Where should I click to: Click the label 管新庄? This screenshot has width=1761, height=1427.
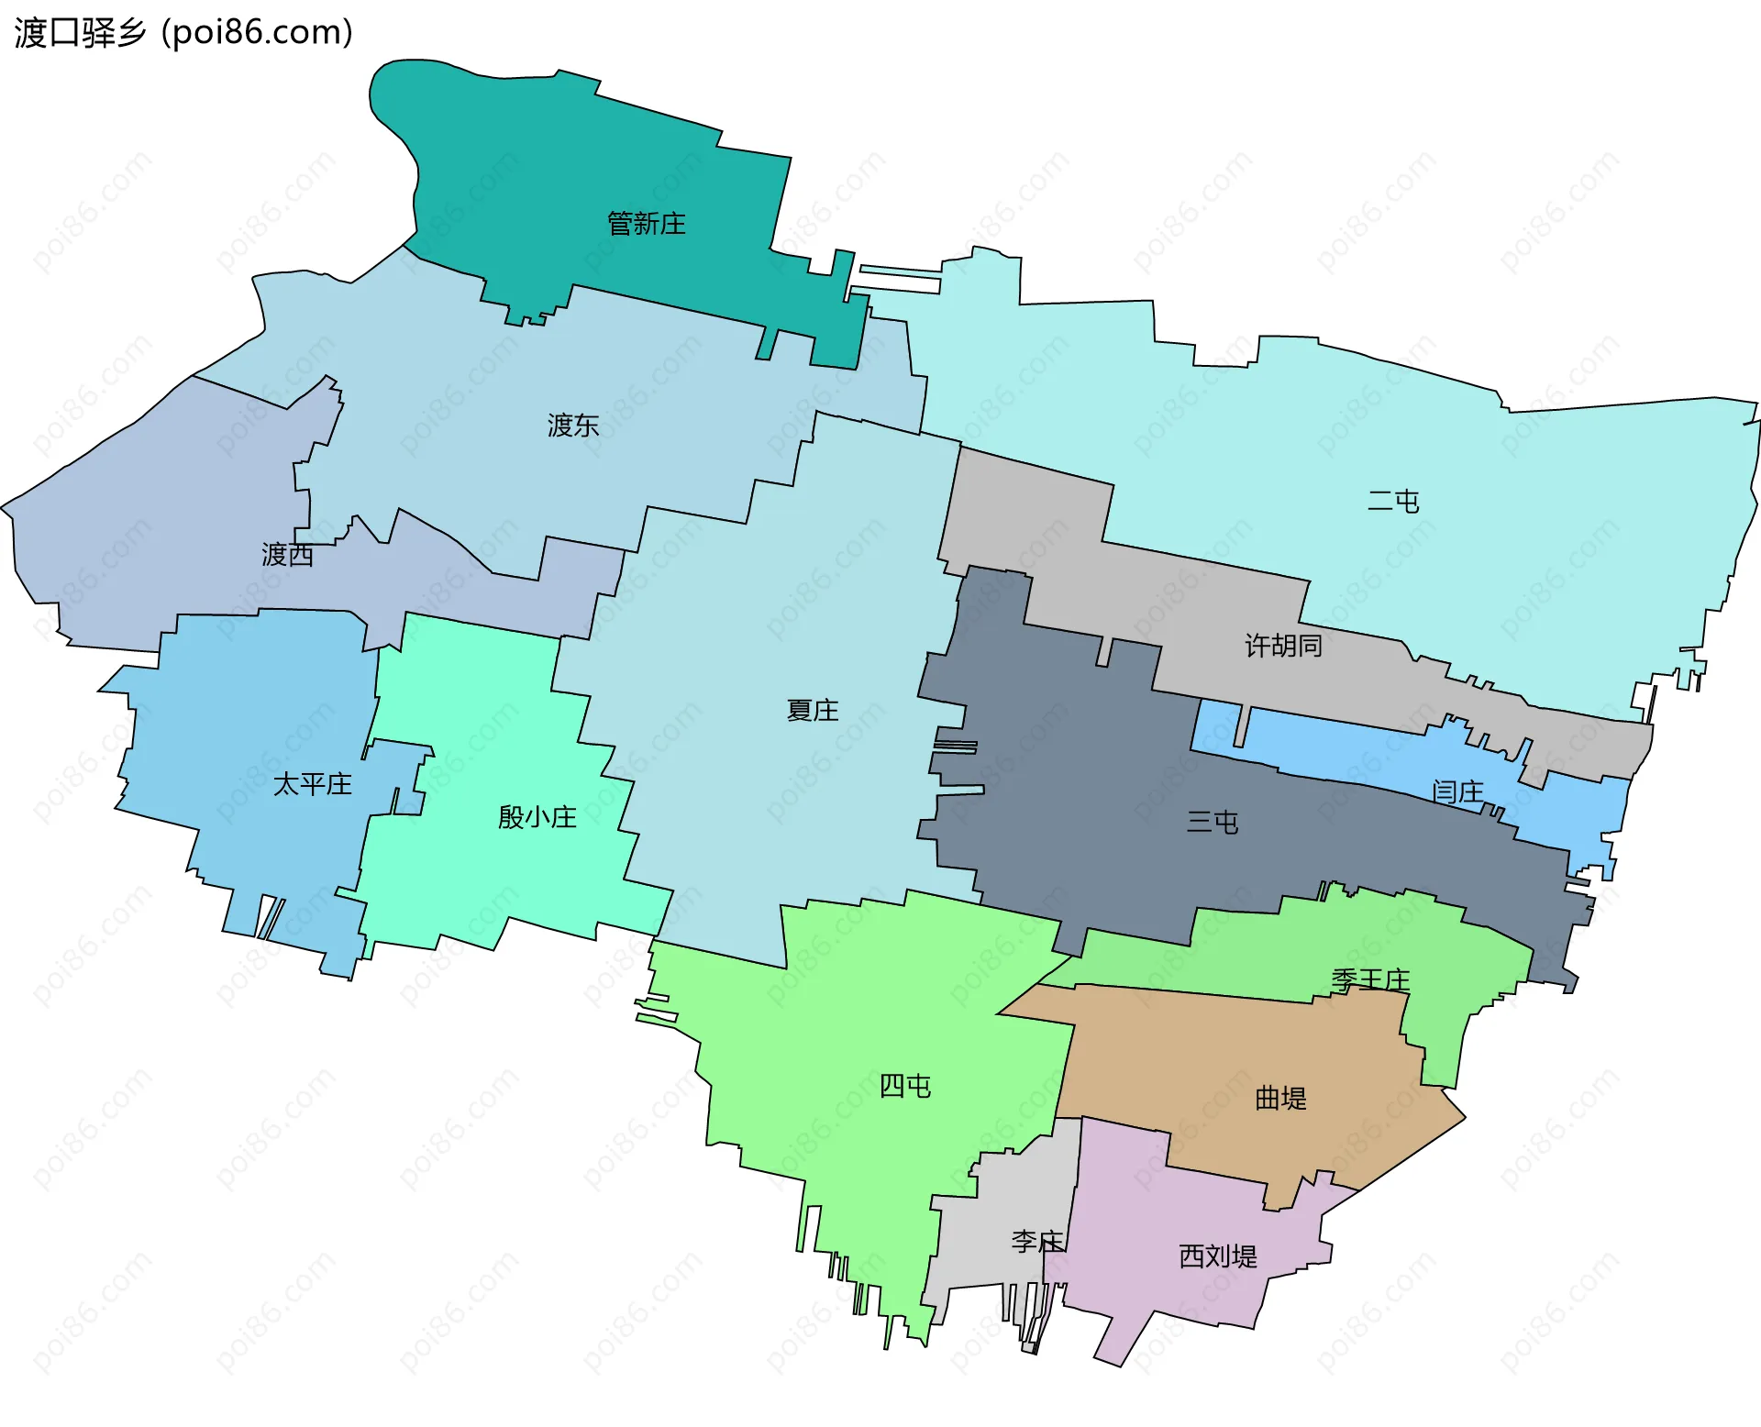[x=647, y=223]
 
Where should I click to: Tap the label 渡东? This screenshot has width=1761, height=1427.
[x=573, y=425]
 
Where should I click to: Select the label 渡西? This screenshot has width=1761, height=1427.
[x=288, y=554]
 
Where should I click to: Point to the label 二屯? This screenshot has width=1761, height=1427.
[x=1393, y=501]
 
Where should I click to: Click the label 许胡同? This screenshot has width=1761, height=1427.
[x=1283, y=646]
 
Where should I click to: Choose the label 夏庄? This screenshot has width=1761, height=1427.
[x=813, y=710]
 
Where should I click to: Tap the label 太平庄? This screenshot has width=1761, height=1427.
[x=313, y=784]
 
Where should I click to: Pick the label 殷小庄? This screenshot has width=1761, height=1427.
[x=537, y=816]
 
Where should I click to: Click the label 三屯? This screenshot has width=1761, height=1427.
[x=1213, y=822]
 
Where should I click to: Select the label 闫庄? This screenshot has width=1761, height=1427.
[x=1457, y=791]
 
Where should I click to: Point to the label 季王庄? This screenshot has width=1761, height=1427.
[x=1370, y=979]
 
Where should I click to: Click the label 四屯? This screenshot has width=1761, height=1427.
[x=905, y=1086]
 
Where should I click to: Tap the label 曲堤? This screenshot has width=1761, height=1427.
[x=1280, y=1098]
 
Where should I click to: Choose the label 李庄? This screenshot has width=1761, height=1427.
[x=1037, y=1242]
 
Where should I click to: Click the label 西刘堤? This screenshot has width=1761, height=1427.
[x=1218, y=1256]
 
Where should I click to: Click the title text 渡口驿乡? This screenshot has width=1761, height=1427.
[x=81, y=32]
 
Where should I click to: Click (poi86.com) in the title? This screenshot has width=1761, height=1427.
[x=258, y=32]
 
